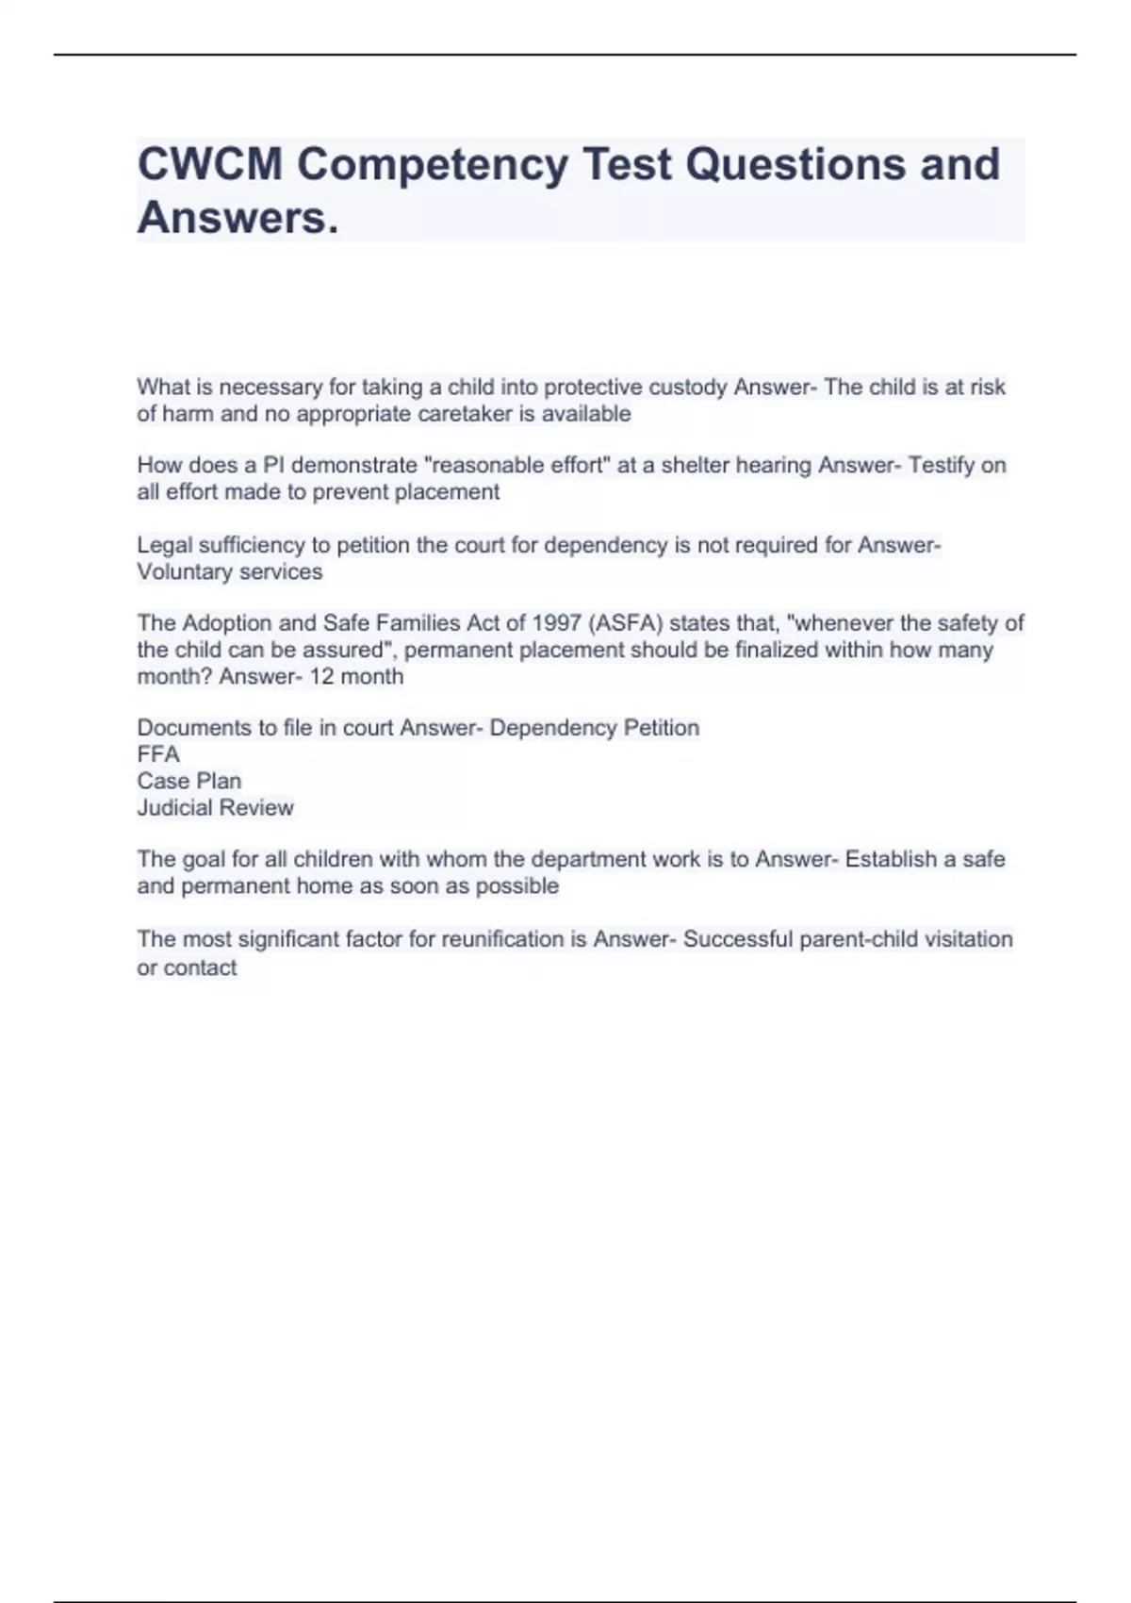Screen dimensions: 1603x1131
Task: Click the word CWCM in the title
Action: (209, 164)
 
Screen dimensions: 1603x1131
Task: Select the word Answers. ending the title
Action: (238, 218)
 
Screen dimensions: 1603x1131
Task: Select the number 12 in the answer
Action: (322, 676)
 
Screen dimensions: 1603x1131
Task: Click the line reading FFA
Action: (158, 754)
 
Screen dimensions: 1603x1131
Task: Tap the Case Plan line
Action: (189, 781)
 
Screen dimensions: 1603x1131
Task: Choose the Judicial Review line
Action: (215, 807)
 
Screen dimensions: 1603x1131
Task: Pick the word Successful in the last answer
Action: (738, 939)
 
